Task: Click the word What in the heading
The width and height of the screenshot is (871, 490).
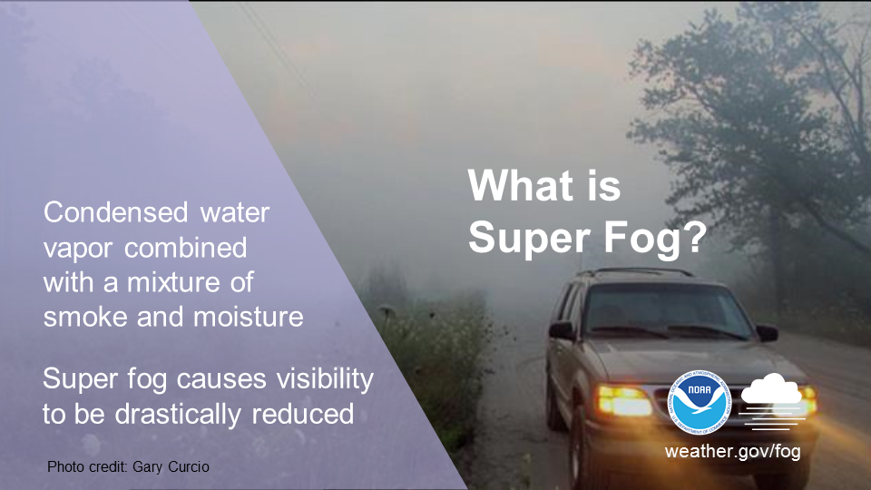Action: pyautogui.click(x=521, y=185)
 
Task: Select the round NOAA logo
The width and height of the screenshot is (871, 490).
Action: pyautogui.click(x=700, y=402)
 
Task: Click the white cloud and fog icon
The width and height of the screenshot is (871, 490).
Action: pyautogui.click(x=773, y=402)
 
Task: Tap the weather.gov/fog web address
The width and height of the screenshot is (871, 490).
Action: pyautogui.click(x=733, y=451)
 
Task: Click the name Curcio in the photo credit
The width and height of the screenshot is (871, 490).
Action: pyautogui.click(x=189, y=466)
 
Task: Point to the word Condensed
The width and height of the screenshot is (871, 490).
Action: pyautogui.click(x=115, y=212)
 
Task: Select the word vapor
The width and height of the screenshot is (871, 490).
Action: pyautogui.click(x=79, y=249)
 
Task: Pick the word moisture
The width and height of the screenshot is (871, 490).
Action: pyautogui.click(x=248, y=317)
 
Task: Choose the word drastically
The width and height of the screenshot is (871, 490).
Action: pyautogui.click(x=179, y=414)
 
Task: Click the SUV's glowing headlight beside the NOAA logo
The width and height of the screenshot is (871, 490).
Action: pyautogui.click(x=624, y=400)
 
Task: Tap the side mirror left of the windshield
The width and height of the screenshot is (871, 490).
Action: pyautogui.click(x=563, y=330)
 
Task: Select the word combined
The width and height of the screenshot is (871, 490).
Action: pyautogui.click(x=185, y=248)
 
